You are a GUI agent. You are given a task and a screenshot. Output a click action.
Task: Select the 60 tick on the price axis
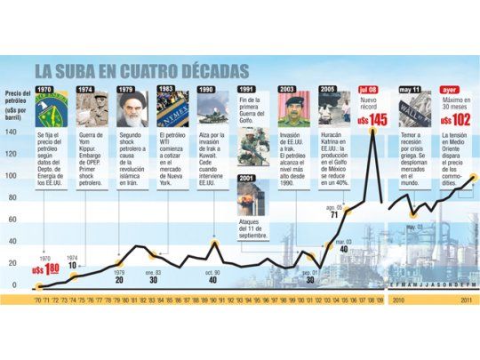click(12, 219)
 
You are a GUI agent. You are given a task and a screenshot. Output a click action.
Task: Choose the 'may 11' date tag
click(410, 91)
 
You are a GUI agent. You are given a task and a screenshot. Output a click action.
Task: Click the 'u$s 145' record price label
click(372, 118)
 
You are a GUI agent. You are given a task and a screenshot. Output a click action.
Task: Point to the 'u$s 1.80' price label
click(47, 270)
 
